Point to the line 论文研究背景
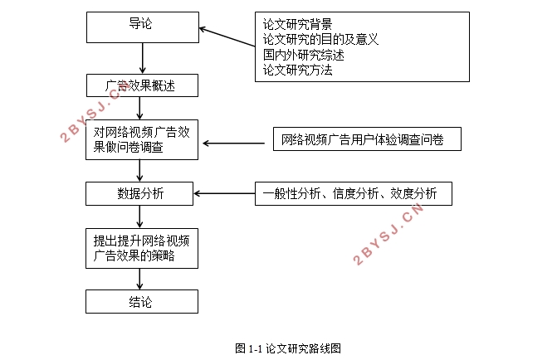(297, 24)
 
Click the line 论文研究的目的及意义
(320, 39)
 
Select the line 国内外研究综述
(303, 55)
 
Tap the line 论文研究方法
(297, 70)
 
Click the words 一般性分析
(291, 193)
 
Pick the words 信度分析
(355, 193)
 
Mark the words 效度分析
(413, 193)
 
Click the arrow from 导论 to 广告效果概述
(143, 58)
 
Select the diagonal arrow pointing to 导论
(227, 37)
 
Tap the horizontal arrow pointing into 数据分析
(224, 193)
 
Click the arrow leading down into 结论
(139, 279)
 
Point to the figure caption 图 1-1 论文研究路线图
(288, 348)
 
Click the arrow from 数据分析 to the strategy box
(139, 216)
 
